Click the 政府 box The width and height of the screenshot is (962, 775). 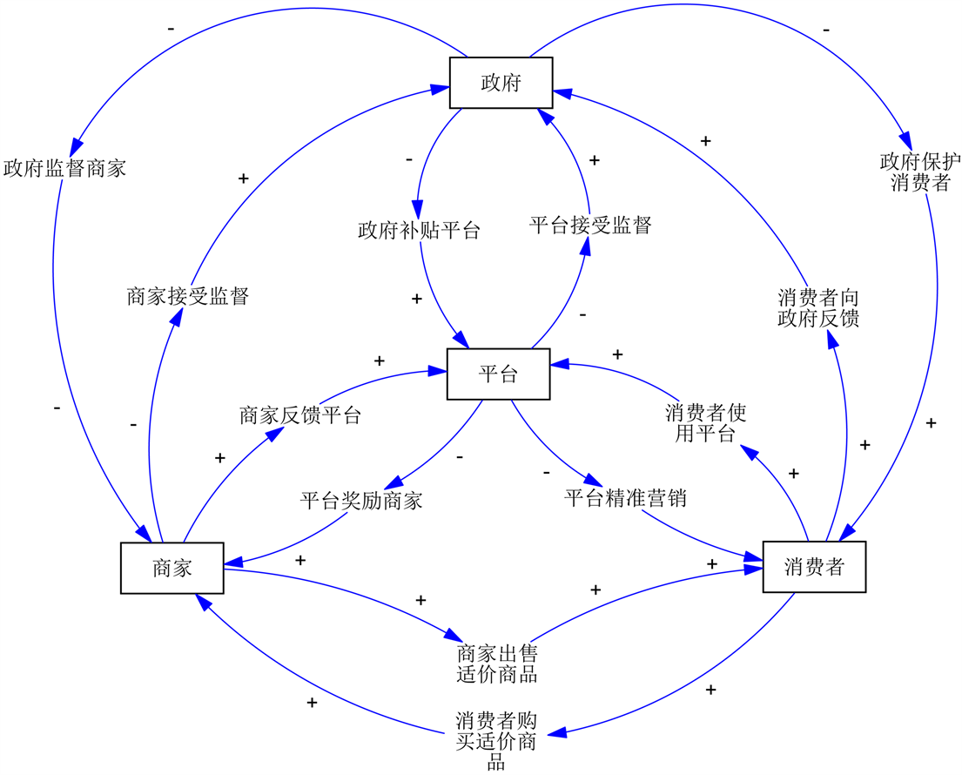tap(501, 83)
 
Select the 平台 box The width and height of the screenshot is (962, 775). tap(498, 374)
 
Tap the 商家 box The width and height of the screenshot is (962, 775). tap(172, 568)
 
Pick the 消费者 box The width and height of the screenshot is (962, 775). tap(814, 567)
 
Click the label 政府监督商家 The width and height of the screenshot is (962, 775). tap(64, 168)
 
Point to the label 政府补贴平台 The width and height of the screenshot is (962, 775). tap(419, 231)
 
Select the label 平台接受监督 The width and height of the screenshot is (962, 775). tap(590, 226)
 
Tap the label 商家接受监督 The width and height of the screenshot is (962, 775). tap(188, 297)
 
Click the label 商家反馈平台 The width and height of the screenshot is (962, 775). tap(300, 415)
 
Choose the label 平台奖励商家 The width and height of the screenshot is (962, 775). tap(361, 502)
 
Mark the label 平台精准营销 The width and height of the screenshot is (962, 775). tap(625, 499)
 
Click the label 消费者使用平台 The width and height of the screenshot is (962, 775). tap(705, 422)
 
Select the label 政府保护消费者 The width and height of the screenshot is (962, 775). tap(920, 172)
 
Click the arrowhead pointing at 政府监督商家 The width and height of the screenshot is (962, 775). tap(76, 144)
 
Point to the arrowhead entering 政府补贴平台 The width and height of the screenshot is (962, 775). tap(417, 211)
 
